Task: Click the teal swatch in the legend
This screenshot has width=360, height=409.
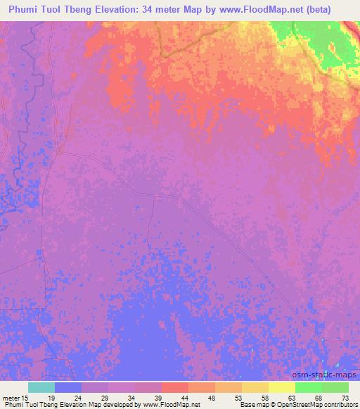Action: (x=41, y=387)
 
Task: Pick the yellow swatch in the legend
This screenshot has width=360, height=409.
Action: (x=281, y=387)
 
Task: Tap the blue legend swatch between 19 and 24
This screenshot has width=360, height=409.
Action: (x=68, y=387)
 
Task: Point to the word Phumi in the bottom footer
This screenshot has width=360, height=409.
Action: (x=12, y=405)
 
